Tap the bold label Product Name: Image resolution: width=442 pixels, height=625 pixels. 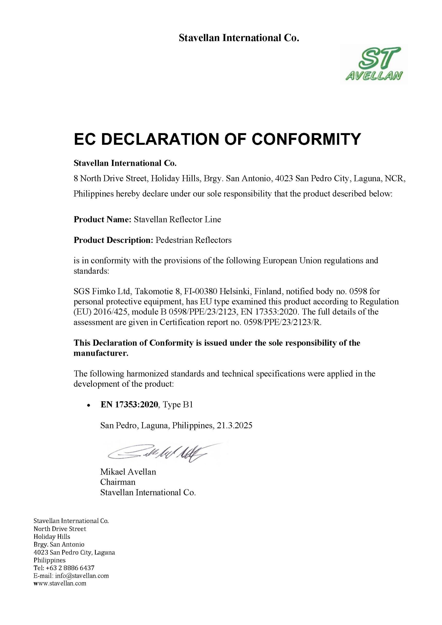click(103, 219)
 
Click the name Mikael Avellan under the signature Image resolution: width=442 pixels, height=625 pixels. click(128, 472)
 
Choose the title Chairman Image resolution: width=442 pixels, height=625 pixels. click(118, 482)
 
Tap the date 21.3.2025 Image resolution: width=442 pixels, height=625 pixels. click(235, 425)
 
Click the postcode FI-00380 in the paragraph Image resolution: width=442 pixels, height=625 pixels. click(200, 292)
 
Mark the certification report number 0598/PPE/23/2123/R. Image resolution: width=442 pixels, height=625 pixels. click(283, 323)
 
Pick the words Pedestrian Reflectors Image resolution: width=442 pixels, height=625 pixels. click(193, 240)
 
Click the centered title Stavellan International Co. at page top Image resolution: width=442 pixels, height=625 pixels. click(239, 38)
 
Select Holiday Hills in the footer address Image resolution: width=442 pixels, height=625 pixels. click(52, 537)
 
